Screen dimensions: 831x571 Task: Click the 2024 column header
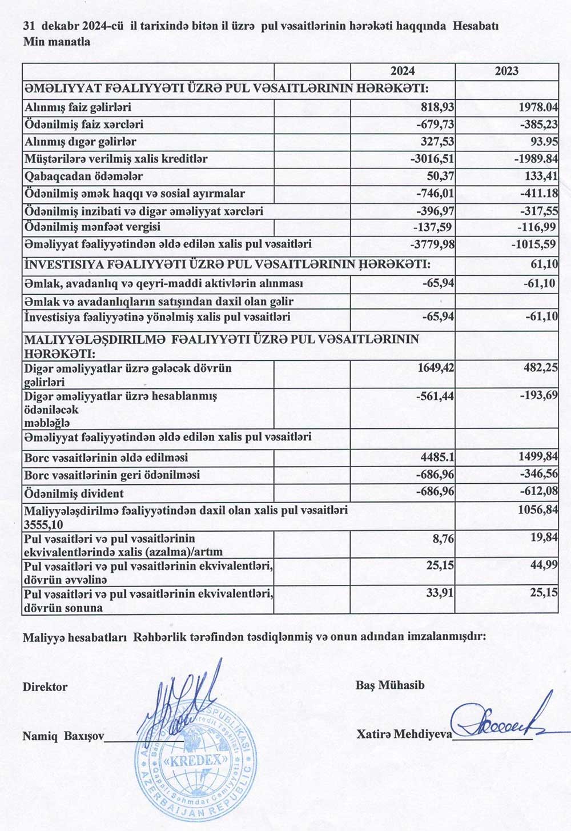tap(403, 71)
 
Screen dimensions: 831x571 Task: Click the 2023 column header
tap(506, 71)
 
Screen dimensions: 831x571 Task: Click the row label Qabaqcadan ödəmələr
tap(83, 176)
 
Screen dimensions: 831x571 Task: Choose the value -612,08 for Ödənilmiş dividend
tap(537, 493)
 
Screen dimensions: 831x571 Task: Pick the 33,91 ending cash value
tap(440, 593)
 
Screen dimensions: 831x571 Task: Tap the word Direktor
tap(45, 687)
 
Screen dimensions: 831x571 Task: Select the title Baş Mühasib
tap(390, 685)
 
